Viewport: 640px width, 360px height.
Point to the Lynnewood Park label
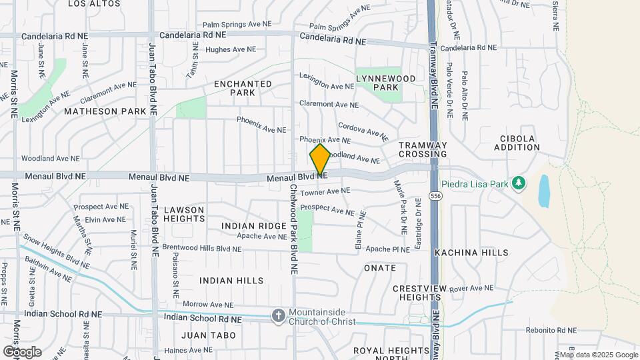[x=386, y=83]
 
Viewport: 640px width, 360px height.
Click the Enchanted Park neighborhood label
[x=243, y=88]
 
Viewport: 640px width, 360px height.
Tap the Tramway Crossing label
[x=423, y=149]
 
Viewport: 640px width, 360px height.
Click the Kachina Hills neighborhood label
[x=471, y=253]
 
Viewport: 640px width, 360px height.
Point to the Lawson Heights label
[x=184, y=214]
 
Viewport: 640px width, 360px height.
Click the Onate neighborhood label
[x=380, y=268]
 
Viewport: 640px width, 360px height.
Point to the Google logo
[x=22, y=351]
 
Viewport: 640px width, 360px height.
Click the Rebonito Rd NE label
[x=550, y=330]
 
